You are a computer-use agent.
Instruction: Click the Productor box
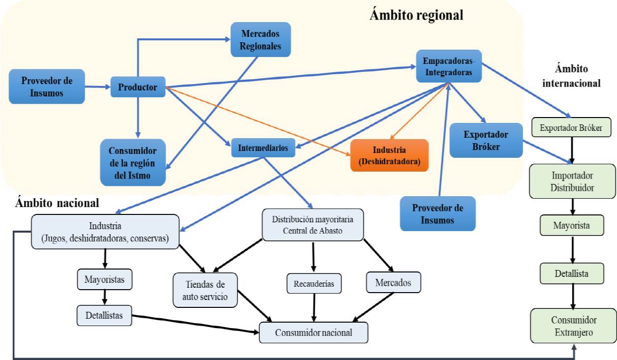137,87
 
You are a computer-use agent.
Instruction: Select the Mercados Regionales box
261,39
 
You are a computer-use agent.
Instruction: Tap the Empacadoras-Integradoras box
448,66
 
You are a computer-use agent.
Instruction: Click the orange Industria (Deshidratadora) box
389,155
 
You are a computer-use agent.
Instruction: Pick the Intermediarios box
263,147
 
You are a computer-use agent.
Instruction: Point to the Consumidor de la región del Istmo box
132,162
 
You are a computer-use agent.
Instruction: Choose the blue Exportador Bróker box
486,140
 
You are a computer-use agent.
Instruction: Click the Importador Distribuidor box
573,181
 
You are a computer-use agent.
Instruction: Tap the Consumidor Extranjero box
573,326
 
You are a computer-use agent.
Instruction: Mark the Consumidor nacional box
313,332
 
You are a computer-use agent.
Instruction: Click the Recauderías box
314,284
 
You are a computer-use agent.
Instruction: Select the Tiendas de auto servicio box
205,290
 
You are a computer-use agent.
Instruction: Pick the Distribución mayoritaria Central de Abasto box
313,225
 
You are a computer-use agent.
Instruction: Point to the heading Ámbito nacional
57,203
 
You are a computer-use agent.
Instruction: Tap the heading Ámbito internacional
571,76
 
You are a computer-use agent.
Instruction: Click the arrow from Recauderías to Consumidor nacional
314,308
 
